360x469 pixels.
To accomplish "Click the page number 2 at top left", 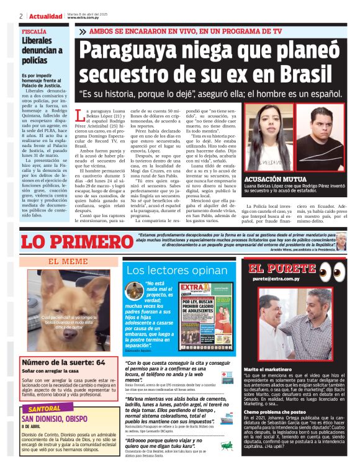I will pyautogui.click(x=22, y=16).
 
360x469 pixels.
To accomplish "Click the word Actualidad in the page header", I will pyautogui.click(x=45, y=16).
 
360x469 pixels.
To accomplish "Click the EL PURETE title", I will pyautogui.click(x=282, y=269).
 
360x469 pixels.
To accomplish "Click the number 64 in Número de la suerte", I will pyautogui.click(x=100, y=362).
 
